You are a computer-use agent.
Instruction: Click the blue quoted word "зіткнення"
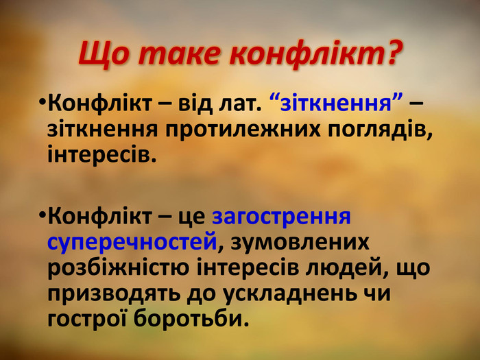click(336, 103)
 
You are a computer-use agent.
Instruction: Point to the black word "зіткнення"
click(103, 129)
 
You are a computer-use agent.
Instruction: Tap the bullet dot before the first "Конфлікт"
click(42, 101)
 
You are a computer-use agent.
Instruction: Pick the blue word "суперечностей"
click(132, 242)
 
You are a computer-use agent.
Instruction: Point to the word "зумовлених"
click(300, 241)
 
